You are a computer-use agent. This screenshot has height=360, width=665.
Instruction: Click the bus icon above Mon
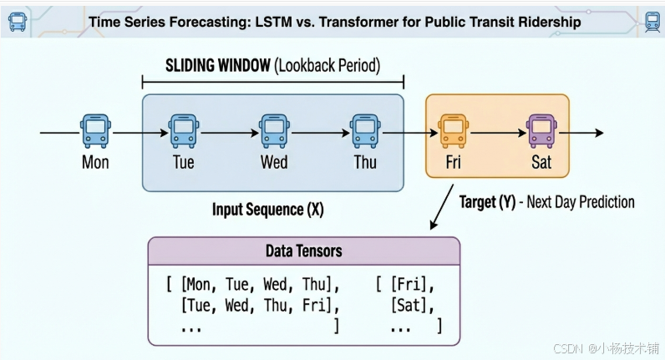(95, 131)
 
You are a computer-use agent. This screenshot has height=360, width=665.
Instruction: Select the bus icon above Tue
(183, 131)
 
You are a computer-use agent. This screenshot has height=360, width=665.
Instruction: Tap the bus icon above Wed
(274, 131)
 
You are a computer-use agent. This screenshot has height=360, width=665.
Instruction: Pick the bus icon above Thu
(364, 131)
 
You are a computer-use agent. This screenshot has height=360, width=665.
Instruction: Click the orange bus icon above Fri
(453, 131)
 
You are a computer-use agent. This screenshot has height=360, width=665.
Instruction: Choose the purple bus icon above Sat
(541, 131)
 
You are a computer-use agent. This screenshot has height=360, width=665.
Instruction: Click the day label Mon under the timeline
(95, 162)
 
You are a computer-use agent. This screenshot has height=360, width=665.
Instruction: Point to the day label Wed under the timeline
(274, 162)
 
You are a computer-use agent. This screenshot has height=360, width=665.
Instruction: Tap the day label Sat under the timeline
(541, 162)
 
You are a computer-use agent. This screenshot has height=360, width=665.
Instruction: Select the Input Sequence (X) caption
(267, 210)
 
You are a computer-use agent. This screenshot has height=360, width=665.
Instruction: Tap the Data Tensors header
(303, 251)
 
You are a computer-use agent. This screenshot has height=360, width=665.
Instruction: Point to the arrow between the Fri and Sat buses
(497, 132)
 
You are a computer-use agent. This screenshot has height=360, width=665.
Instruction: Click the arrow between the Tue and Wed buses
(228, 132)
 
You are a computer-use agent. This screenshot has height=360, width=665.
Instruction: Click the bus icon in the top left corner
(17, 21)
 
